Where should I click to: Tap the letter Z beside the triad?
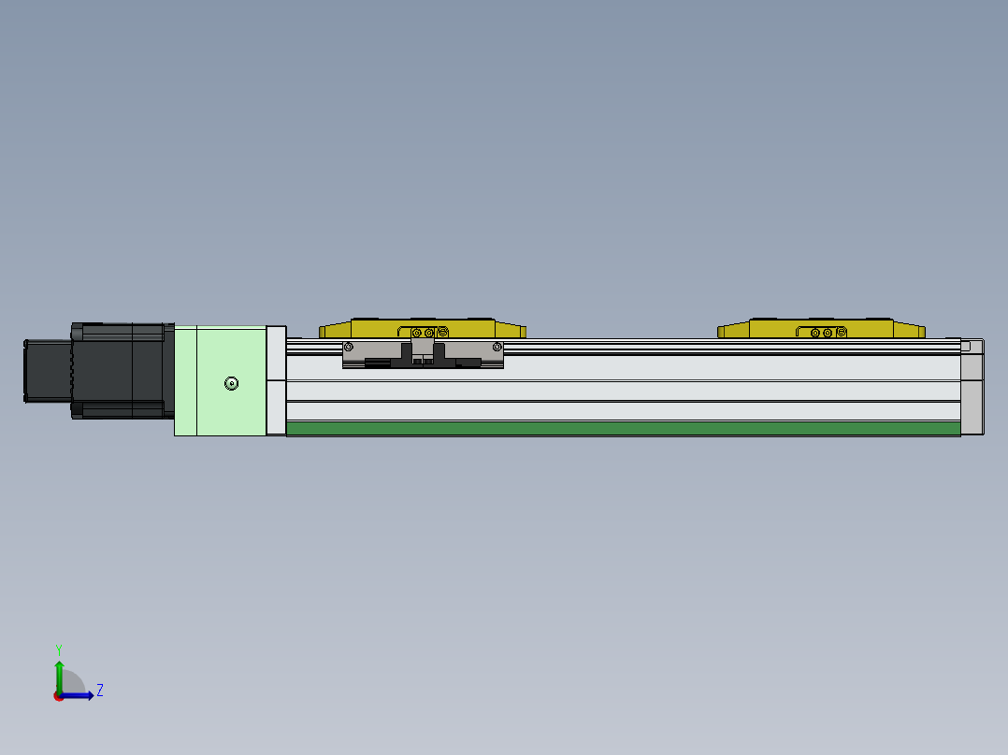99,691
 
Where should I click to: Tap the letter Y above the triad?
59,648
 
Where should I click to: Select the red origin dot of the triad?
59,695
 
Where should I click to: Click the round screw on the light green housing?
231,383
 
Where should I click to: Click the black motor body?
122,371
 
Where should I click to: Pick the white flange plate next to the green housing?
276,380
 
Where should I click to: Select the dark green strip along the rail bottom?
623,428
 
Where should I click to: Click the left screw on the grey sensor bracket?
349,348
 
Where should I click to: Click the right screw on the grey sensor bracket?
497,348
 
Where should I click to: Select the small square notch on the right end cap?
966,347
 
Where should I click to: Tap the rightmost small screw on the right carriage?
841,332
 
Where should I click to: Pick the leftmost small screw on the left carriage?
416,332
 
